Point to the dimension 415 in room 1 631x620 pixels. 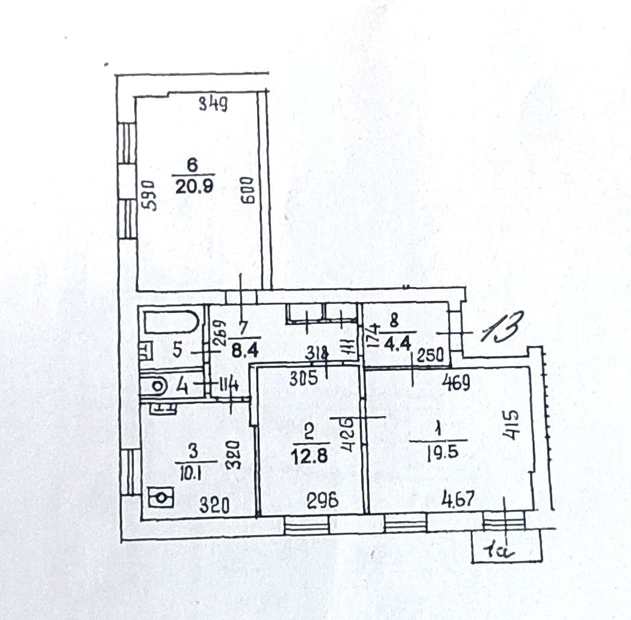coord(513,426)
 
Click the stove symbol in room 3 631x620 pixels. coord(161,498)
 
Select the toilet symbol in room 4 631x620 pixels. coord(158,383)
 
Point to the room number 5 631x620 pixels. coord(177,352)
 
